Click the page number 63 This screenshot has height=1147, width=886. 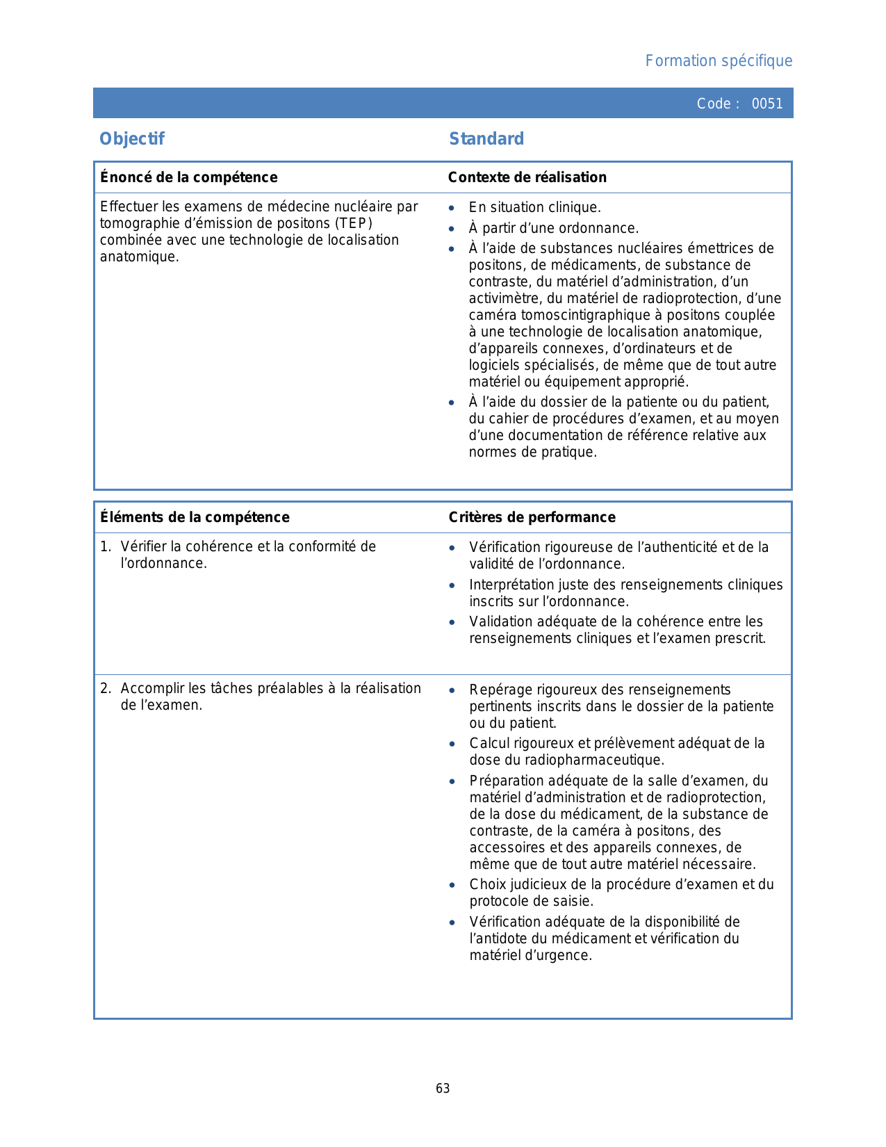443,1089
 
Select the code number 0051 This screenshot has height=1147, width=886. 767,104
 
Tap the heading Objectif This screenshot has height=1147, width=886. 132,139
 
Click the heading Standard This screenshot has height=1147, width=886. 486,139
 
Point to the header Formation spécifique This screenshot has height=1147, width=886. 719,61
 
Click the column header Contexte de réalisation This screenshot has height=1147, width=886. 527,177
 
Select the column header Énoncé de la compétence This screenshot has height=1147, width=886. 188,177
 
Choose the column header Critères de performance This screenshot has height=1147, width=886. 532,517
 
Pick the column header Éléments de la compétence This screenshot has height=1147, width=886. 195,517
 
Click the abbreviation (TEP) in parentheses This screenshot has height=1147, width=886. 354,223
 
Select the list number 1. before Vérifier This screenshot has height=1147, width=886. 105,546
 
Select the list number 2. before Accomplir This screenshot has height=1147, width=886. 105,688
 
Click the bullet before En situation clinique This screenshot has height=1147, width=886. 452,208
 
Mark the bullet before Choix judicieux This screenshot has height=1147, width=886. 452,886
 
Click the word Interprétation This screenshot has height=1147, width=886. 512,585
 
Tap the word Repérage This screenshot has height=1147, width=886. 498,690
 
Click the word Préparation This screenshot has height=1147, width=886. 504,781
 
